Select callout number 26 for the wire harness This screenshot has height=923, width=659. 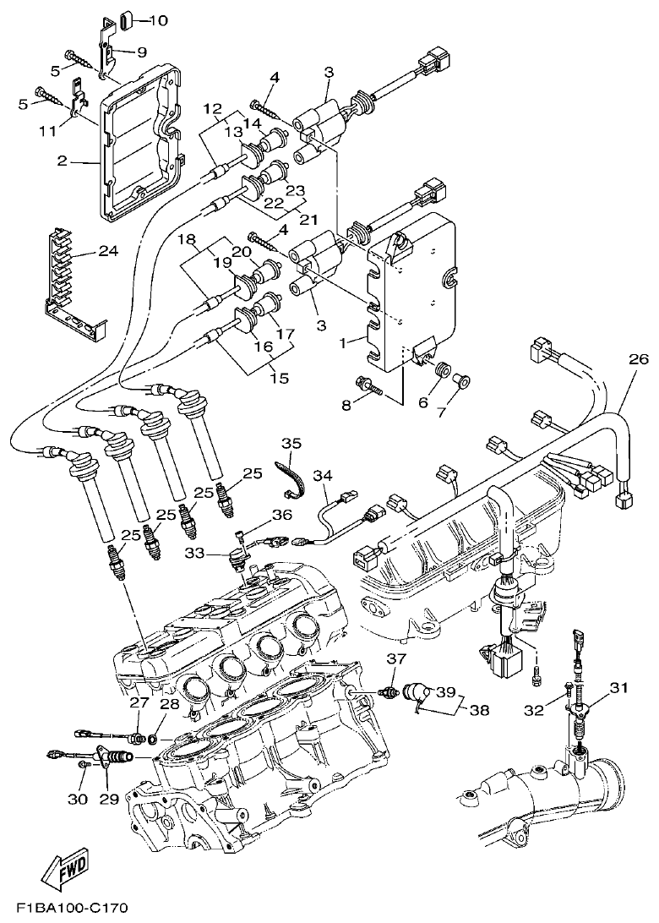tap(638, 359)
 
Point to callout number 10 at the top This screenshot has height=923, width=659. tap(159, 19)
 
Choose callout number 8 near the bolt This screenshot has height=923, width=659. tap(345, 405)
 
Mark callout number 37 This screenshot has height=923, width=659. tap(396, 659)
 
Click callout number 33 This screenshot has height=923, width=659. tap(195, 553)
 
